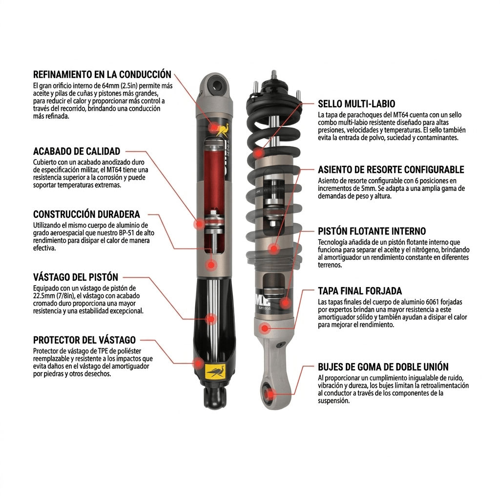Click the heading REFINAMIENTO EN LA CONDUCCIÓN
[x=102, y=75]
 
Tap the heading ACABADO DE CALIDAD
[x=76, y=151]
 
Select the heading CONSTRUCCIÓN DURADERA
[x=86, y=214]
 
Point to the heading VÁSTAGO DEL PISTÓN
[x=76, y=277]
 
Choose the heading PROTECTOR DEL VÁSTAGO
[x=84, y=340]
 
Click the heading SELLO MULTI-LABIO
[x=356, y=104]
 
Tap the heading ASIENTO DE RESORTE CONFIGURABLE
[x=391, y=170]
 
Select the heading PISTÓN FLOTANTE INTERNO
[x=372, y=231]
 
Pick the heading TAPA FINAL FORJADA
[x=360, y=291]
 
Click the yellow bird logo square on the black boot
[x=215, y=372]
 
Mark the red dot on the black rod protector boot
[x=198, y=363]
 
